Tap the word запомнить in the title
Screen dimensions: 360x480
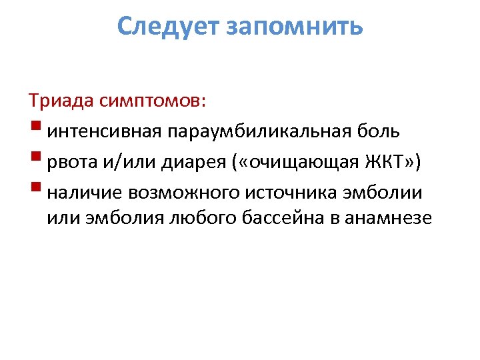click(x=295, y=27)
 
